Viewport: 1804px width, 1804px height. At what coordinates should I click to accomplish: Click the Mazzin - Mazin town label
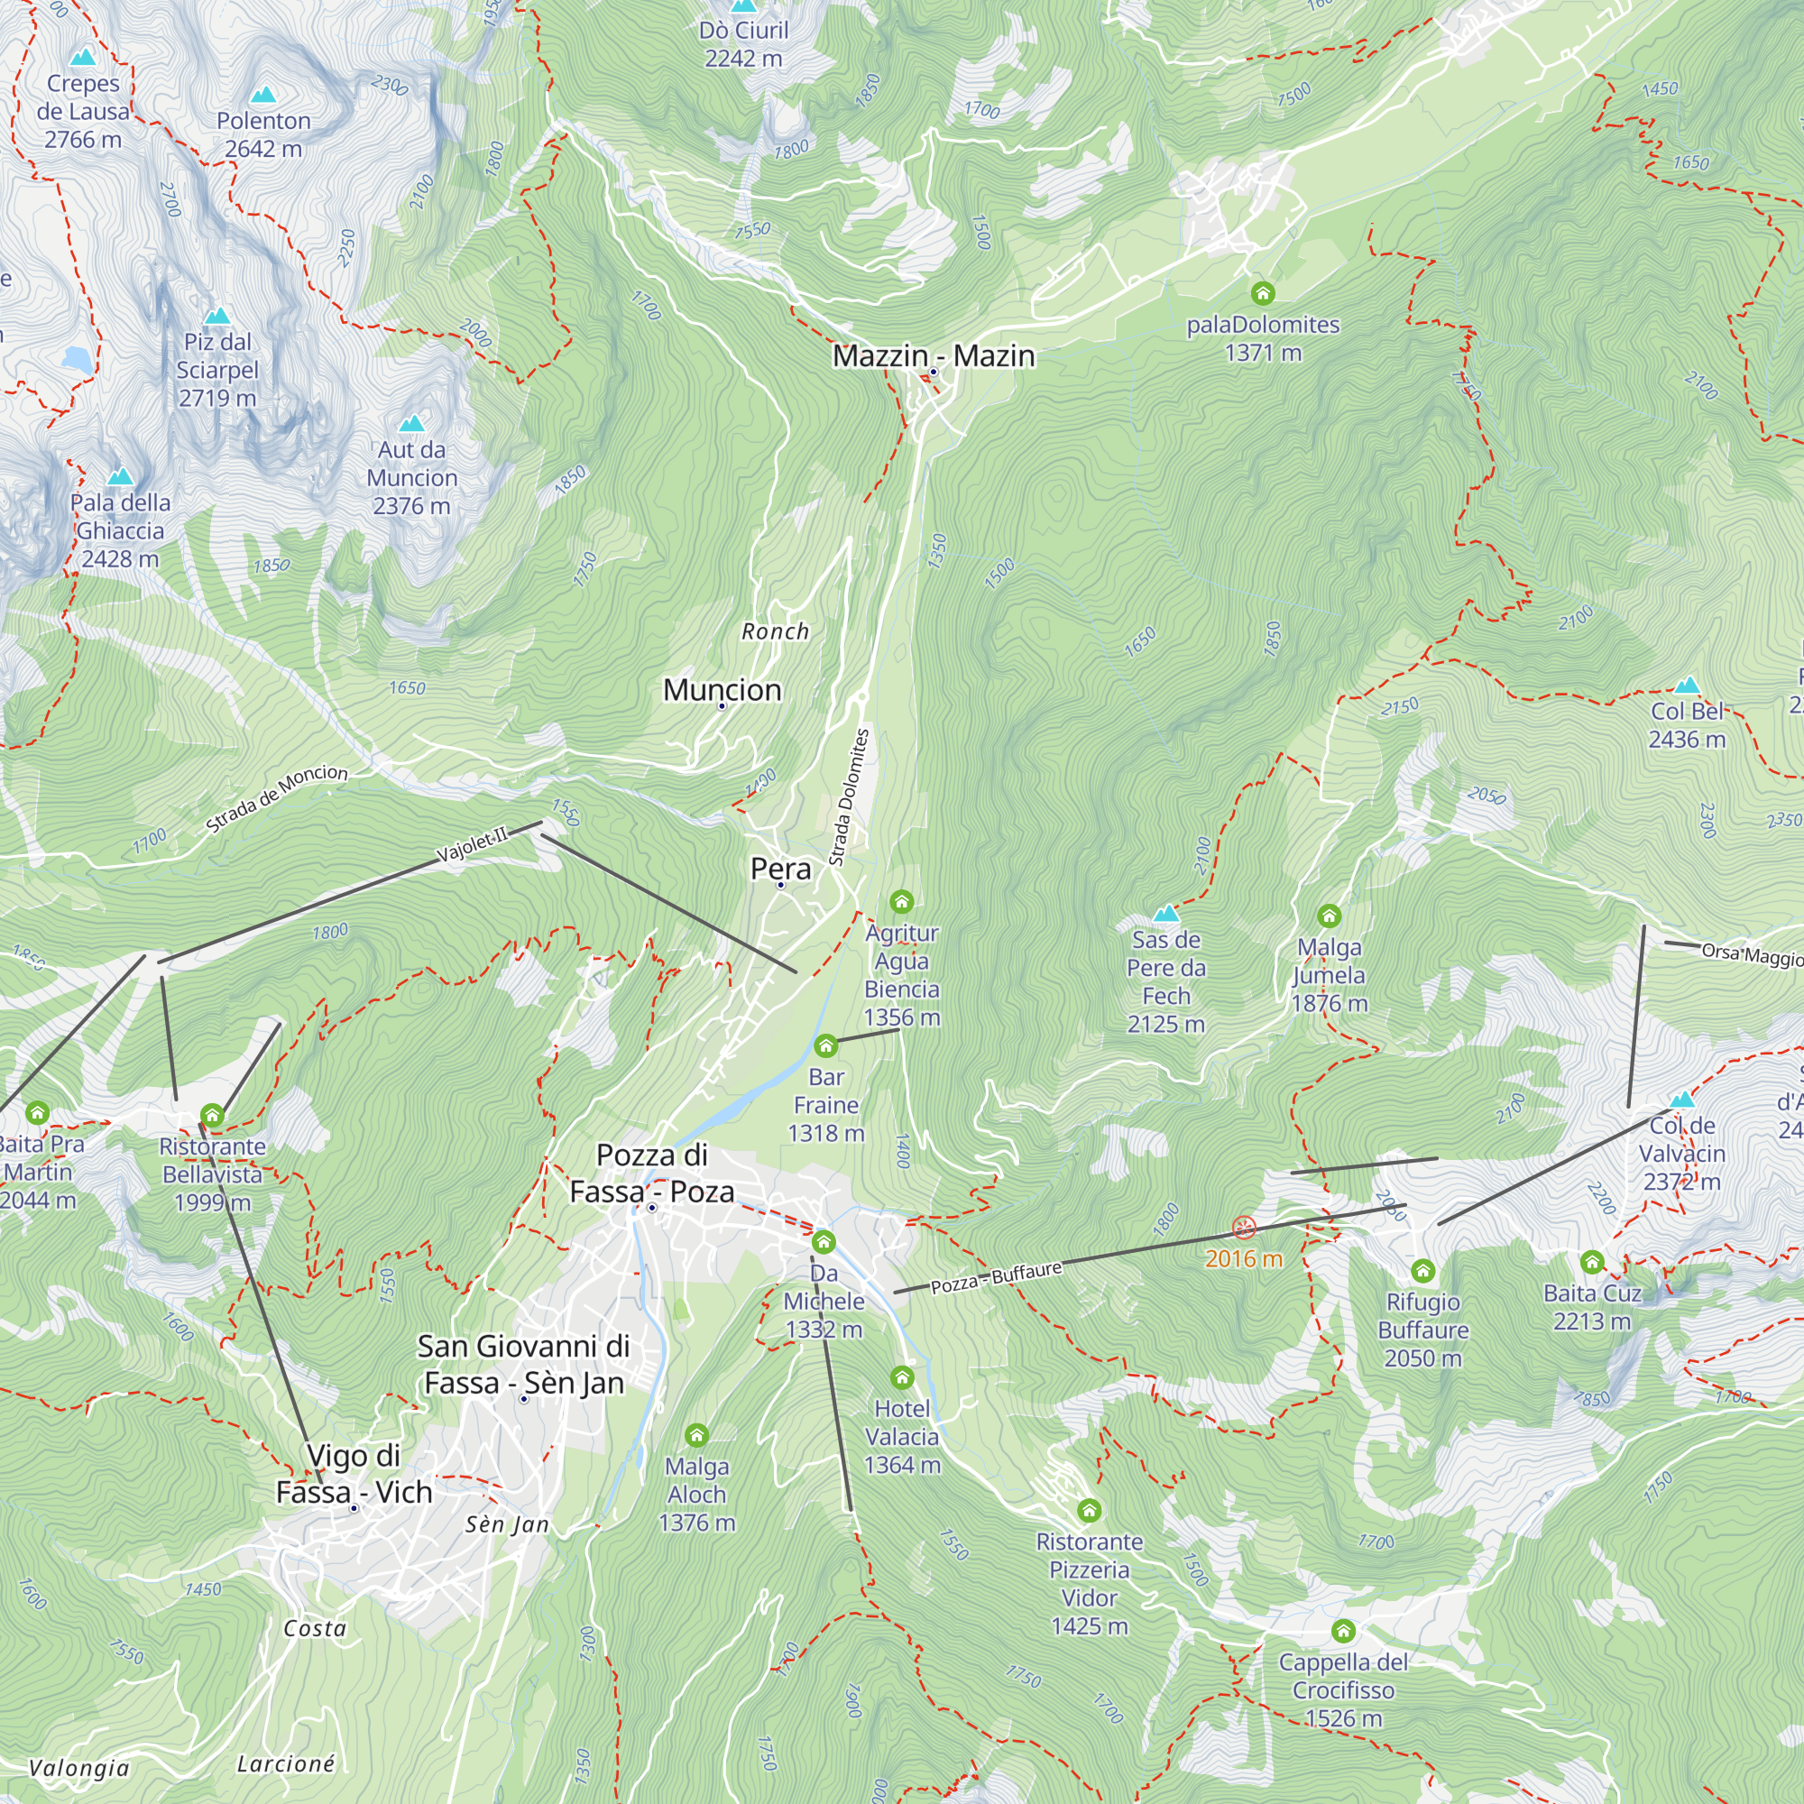click(x=933, y=355)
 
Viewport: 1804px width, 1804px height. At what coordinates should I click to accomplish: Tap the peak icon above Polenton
click(x=263, y=96)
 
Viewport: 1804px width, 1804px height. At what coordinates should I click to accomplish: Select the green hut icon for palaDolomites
click(x=1263, y=293)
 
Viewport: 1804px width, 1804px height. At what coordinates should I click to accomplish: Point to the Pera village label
click(x=780, y=869)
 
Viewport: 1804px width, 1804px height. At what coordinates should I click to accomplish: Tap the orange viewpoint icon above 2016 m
click(x=1244, y=1227)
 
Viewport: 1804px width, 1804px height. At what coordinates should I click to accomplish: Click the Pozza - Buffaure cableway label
click(x=997, y=1277)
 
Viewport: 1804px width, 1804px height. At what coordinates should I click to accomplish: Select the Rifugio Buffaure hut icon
click(x=1422, y=1270)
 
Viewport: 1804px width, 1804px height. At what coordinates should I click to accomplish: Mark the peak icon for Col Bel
click(x=1687, y=686)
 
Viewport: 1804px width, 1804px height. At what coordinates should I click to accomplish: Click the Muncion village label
click(x=722, y=690)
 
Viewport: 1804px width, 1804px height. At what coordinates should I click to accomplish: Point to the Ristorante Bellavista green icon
click(x=212, y=1115)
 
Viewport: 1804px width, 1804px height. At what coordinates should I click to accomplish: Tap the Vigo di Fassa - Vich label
click(x=354, y=1474)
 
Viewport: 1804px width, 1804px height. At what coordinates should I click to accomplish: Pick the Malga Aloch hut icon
click(x=696, y=1434)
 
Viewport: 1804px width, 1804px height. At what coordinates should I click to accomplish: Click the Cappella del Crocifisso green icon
click(x=1343, y=1630)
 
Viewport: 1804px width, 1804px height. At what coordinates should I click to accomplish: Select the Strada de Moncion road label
click(x=276, y=798)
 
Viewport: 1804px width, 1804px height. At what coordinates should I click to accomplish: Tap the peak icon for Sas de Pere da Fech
click(x=1165, y=913)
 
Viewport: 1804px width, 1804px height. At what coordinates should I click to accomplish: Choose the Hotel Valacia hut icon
click(x=901, y=1377)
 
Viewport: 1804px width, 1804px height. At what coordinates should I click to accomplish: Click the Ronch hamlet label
click(x=775, y=632)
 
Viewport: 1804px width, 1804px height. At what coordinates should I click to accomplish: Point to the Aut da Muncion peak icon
click(x=412, y=424)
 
